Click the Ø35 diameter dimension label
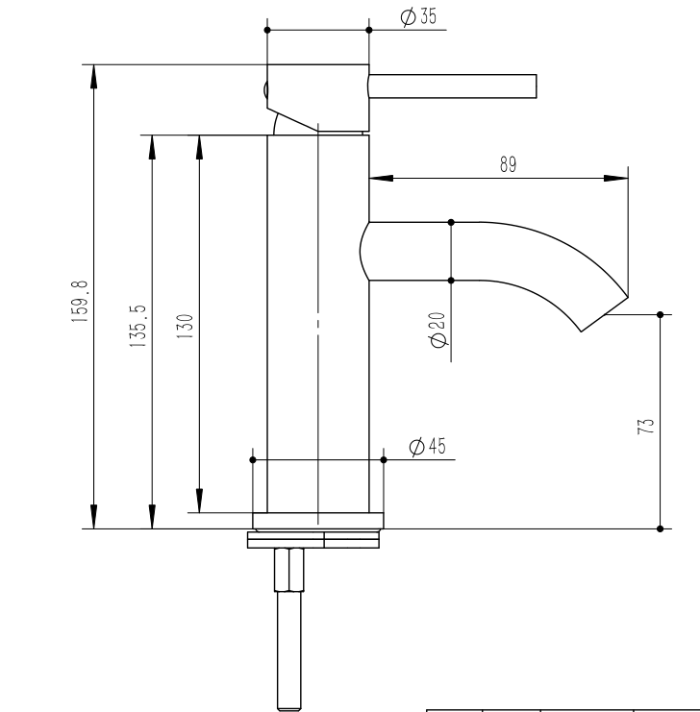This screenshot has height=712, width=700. click(418, 16)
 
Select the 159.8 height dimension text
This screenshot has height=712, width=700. click(80, 302)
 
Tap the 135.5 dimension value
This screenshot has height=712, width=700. click(137, 326)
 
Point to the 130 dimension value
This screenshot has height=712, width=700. click(185, 326)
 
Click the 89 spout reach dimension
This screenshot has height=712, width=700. click(509, 164)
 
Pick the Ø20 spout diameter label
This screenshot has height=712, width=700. click(437, 330)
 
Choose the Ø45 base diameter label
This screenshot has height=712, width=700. click(427, 447)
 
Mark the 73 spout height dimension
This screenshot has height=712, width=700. click(645, 427)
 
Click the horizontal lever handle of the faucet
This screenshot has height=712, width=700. click(452, 86)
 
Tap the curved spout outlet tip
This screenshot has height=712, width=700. click(605, 314)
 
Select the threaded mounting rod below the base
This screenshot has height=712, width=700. click(289, 629)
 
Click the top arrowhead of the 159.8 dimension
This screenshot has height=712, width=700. click(93, 76)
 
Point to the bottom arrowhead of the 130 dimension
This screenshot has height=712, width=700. click(199, 501)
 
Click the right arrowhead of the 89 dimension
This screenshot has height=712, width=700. click(616, 178)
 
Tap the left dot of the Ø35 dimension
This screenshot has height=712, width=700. click(267, 30)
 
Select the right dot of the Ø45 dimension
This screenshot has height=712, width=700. click(384, 460)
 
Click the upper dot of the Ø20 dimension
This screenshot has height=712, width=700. click(451, 222)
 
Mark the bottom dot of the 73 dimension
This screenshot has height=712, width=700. click(660, 528)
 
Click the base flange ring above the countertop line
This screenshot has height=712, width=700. click(318, 521)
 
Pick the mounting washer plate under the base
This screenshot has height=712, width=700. click(313, 540)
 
